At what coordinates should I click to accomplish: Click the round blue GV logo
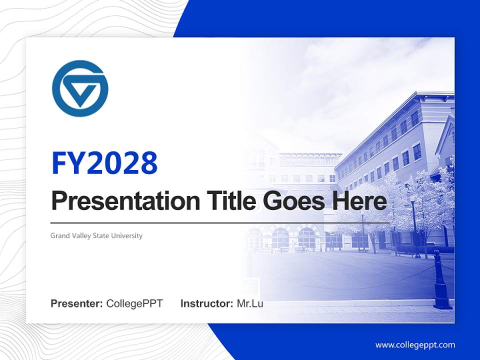(x=80, y=88)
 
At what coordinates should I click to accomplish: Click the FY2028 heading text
(x=104, y=162)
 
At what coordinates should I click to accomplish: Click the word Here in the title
(x=359, y=201)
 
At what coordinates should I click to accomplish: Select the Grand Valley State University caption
(x=96, y=235)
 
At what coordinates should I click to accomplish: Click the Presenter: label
(x=76, y=303)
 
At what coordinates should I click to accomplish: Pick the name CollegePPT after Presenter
(x=134, y=303)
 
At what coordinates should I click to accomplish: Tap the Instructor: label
(x=206, y=303)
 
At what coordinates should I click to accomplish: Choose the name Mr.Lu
(x=250, y=303)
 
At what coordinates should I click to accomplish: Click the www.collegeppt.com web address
(x=415, y=345)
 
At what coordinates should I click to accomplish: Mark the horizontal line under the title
(x=220, y=222)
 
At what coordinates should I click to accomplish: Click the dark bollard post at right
(x=442, y=282)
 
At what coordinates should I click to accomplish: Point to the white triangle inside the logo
(x=81, y=93)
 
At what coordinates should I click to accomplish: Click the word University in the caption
(x=128, y=235)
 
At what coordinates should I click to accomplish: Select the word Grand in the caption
(x=59, y=235)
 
